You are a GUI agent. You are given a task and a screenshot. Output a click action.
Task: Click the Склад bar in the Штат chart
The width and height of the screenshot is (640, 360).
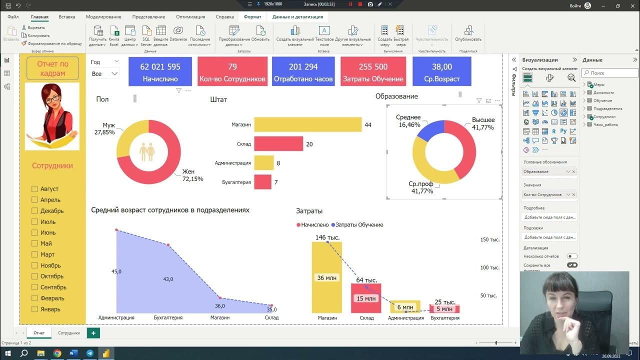(x=278, y=144)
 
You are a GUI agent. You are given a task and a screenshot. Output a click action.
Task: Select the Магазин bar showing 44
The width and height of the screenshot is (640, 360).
(x=307, y=124)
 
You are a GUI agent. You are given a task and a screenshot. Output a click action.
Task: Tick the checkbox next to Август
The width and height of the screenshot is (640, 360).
(x=34, y=189)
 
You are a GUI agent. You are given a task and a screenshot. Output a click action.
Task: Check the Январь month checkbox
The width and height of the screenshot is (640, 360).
(x=34, y=309)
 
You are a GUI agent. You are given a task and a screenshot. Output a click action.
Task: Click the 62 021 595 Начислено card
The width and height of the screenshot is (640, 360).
(x=160, y=71)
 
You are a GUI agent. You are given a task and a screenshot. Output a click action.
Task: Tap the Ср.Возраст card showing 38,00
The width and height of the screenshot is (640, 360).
(x=441, y=71)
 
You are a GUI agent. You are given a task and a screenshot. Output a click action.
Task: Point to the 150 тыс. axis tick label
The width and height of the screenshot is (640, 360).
(x=490, y=240)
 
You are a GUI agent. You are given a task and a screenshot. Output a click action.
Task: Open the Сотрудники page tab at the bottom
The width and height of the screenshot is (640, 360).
(x=68, y=333)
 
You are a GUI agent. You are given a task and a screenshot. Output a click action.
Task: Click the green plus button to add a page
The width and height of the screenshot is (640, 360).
(x=93, y=333)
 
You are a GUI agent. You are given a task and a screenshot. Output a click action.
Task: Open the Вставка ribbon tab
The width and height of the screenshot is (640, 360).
(x=67, y=17)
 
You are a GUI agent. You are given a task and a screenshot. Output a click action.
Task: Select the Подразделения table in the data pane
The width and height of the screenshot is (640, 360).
(x=607, y=108)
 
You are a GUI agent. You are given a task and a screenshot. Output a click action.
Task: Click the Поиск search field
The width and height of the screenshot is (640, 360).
(x=609, y=73)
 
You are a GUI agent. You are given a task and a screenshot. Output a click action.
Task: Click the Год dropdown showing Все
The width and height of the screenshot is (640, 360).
(x=104, y=74)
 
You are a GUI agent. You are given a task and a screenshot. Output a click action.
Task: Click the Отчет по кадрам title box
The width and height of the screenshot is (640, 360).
(x=52, y=68)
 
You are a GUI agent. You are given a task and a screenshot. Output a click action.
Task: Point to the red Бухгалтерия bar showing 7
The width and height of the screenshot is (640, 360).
(x=262, y=182)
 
